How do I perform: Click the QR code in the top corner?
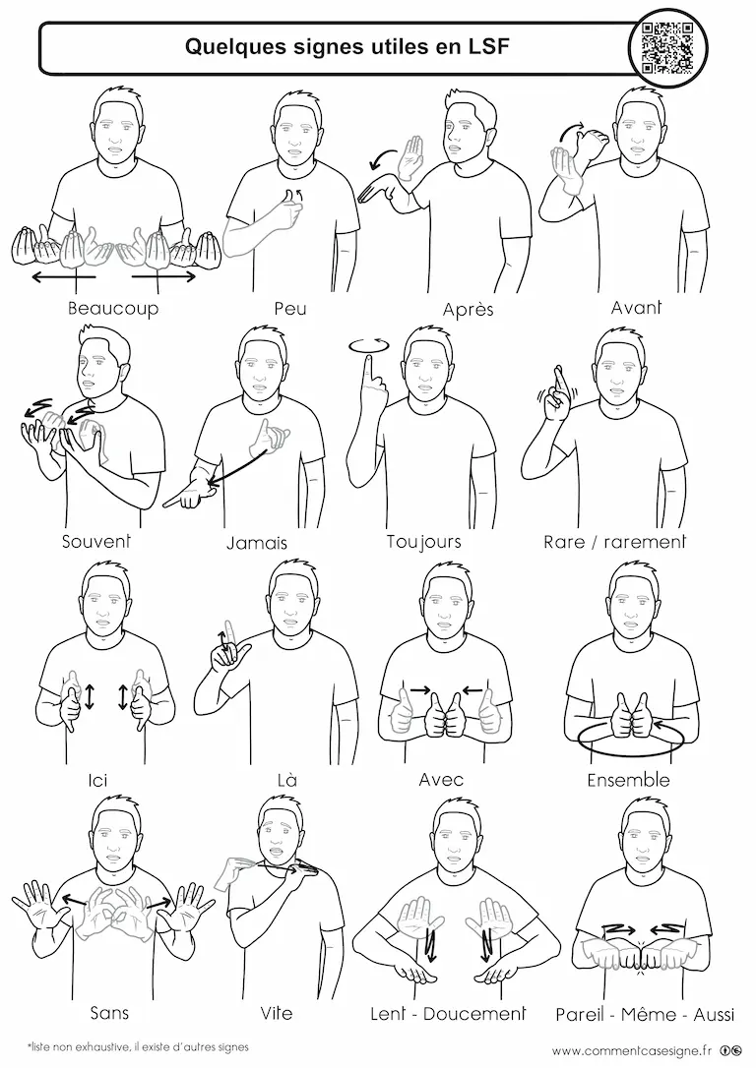click(x=667, y=47)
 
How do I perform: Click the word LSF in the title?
click(x=487, y=46)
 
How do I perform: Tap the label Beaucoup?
click(x=113, y=309)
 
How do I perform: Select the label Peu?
click(x=290, y=309)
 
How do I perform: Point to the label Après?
click(x=468, y=309)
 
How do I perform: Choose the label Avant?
click(x=636, y=308)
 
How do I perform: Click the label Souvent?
click(x=96, y=542)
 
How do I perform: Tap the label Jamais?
click(x=257, y=543)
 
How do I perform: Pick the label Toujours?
click(x=423, y=542)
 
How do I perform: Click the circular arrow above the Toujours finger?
click(x=369, y=345)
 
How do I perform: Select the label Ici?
click(x=98, y=780)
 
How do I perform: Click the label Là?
click(x=287, y=779)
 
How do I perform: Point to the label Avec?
click(x=441, y=779)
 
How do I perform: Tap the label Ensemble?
click(x=628, y=780)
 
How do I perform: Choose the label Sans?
click(x=109, y=1013)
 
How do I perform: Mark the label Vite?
click(x=276, y=1013)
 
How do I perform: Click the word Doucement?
click(x=474, y=1014)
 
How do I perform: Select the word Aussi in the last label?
click(x=714, y=1014)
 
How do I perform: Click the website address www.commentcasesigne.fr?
click(x=631, y=1051)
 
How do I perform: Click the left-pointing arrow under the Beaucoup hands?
click(x=64, y=276)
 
